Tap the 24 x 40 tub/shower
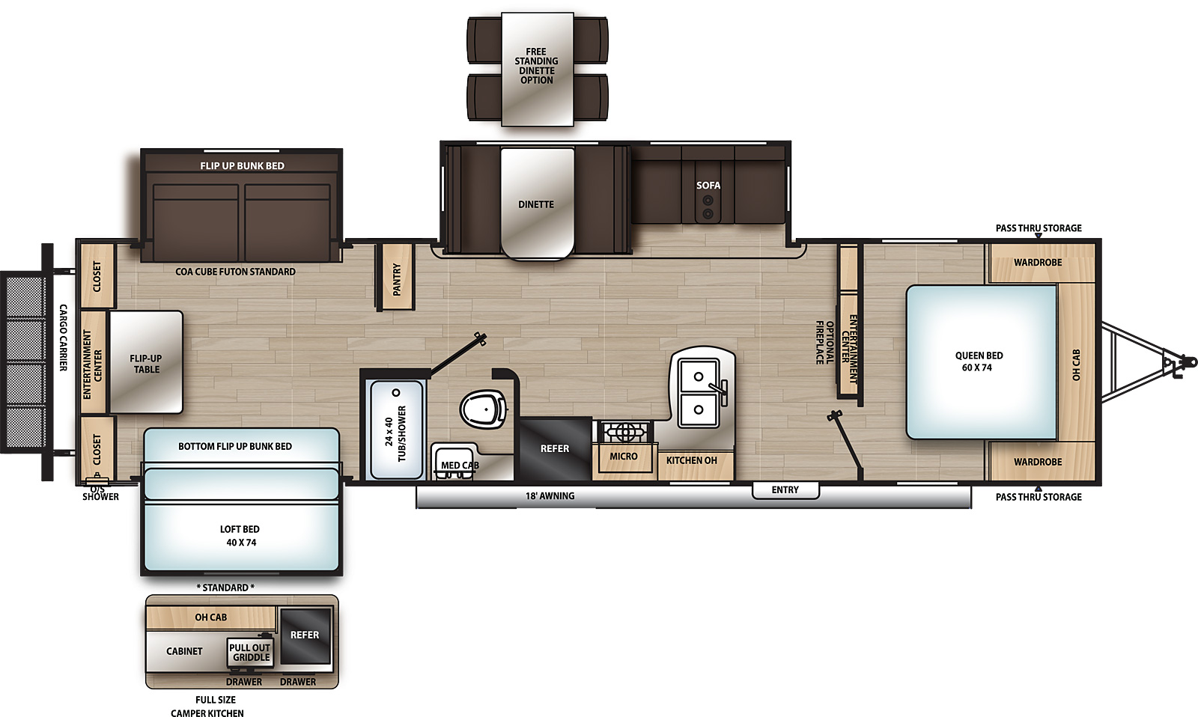point(396,430)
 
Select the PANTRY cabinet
point(397,277)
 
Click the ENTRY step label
point(785,489)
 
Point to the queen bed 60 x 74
point(979,361)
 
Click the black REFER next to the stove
point(555,448)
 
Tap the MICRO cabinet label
point(623,457)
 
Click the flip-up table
point(146,363)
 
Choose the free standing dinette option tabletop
point(537,67)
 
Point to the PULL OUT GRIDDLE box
point(250,653)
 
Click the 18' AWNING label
point(550,495)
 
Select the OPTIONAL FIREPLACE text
point(824,343)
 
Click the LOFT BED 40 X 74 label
point(240,535)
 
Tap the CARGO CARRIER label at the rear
point(64,338)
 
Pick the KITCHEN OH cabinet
point(691,460)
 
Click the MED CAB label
point(459,465)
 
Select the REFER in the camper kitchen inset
point(305,635)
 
